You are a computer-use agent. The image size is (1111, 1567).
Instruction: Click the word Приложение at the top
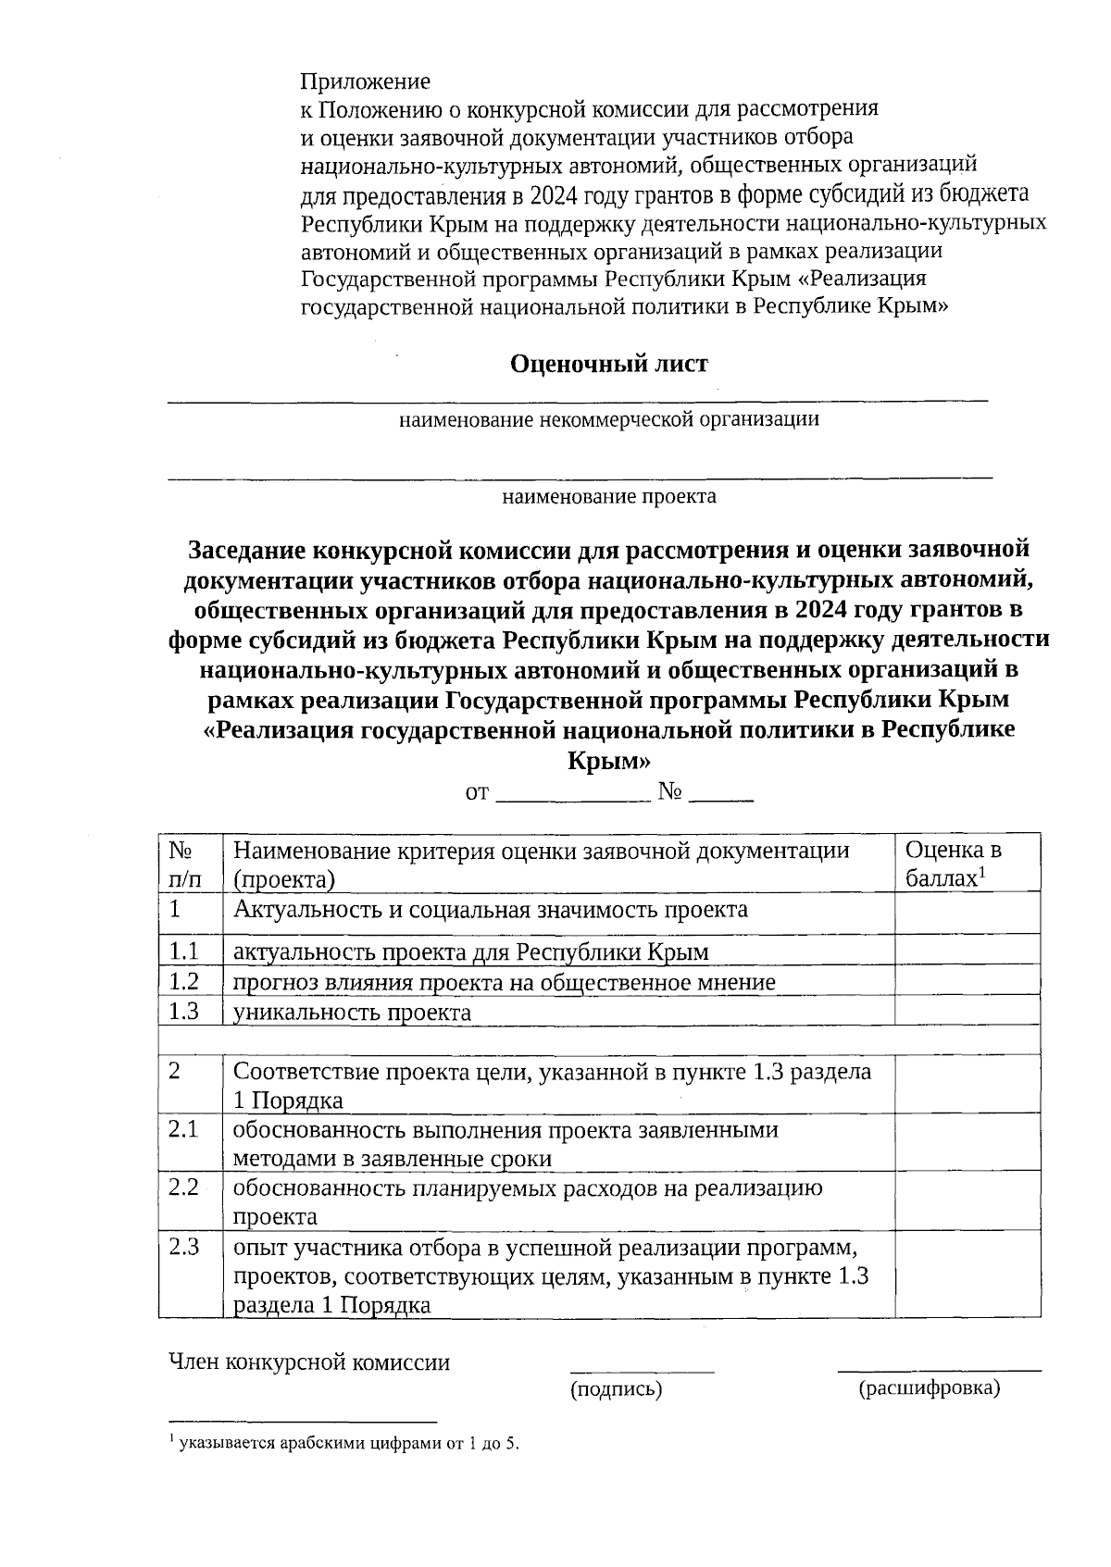tap(366, 81)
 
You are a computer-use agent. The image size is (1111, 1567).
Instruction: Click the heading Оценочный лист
tap(608, 364)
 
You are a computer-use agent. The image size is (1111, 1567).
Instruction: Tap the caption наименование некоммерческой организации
tap(608, 420)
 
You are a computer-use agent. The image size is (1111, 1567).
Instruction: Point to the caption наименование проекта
tap(608, 497)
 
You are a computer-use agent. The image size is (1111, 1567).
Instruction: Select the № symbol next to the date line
tap(670, 792)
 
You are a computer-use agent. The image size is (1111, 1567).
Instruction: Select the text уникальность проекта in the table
tap(352, 1012)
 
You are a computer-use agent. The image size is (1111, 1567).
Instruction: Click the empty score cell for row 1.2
tap(966, 981)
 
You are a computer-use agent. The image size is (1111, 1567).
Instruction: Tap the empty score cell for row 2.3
tap(966, 1274)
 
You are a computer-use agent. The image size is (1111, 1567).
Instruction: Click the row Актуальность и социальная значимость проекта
tap(491, 910)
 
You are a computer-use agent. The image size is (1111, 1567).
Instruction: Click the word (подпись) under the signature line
tap(616, 1388)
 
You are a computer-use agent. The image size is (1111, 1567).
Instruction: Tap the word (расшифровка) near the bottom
tap(929, 1388)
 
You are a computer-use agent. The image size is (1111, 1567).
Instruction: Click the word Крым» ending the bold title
tap(607, 762)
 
